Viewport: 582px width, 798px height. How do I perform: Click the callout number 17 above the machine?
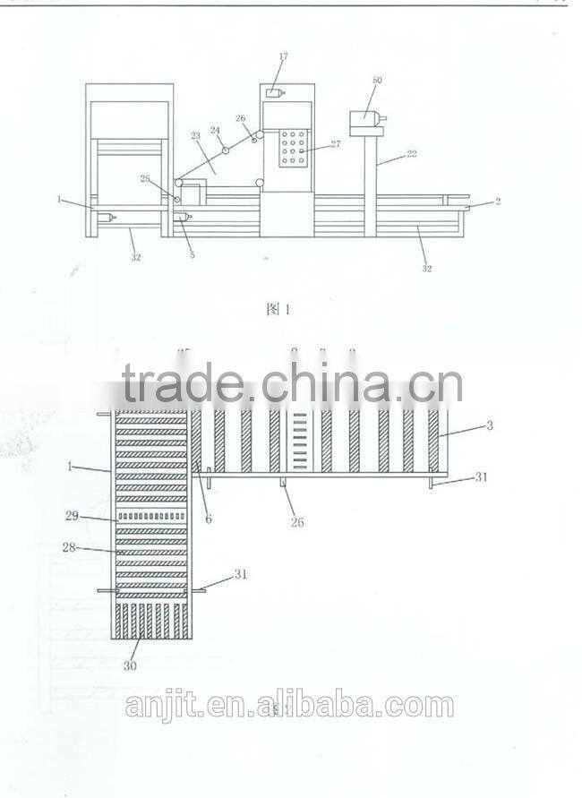click(x=283, y=56)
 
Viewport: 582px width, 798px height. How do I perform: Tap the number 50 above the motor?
click(x=377, y=81)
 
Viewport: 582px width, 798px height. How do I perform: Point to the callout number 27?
click(x=335, y=143)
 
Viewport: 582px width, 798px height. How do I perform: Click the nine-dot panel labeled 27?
click(x=293, y=148)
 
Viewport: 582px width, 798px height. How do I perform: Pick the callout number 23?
click(x=196, y=137)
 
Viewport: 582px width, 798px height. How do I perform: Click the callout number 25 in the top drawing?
click(x=145, y=178)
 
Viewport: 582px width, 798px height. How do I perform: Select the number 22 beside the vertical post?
click(x=411, y=154)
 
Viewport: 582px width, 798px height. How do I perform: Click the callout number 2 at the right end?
click(x=498, y=202)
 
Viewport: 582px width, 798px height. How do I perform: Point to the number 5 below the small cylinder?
click(x=192, y=254)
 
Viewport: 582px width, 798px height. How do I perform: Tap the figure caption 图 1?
click(x=279, y=309)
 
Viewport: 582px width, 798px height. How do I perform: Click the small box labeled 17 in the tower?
click(x=273, y=92)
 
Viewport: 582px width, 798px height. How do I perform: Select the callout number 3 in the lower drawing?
click(x=489, y=425)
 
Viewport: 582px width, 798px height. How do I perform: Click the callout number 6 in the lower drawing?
click(x=208, y=518)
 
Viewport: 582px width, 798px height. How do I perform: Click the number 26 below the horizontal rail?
click(x=296, y=521)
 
